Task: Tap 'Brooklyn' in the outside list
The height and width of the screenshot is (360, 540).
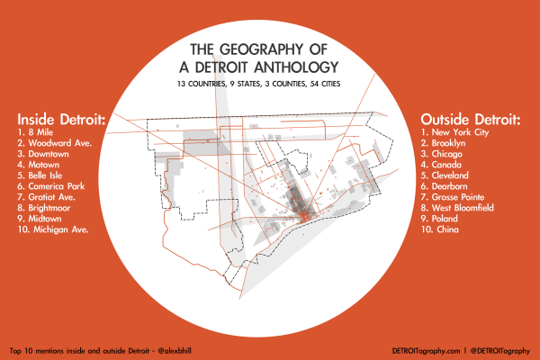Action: (451, 143)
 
